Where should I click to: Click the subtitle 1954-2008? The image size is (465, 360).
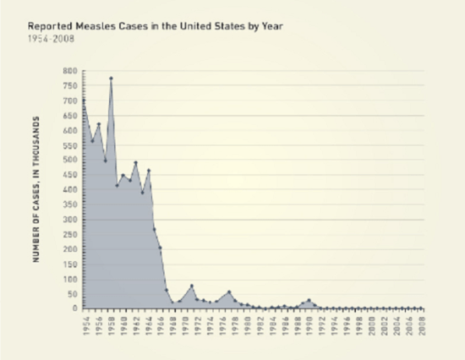[49, 39]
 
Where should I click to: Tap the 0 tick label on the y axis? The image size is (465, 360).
[74, 309]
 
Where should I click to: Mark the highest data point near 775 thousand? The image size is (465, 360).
[111, 79]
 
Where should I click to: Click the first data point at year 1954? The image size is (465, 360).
[83, 101]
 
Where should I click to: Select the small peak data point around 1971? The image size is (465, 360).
[192, 286]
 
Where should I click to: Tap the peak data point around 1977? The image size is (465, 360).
[229, 292]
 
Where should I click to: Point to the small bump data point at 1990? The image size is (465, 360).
[309, 300]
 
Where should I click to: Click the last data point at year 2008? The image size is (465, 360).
[423, 308]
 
